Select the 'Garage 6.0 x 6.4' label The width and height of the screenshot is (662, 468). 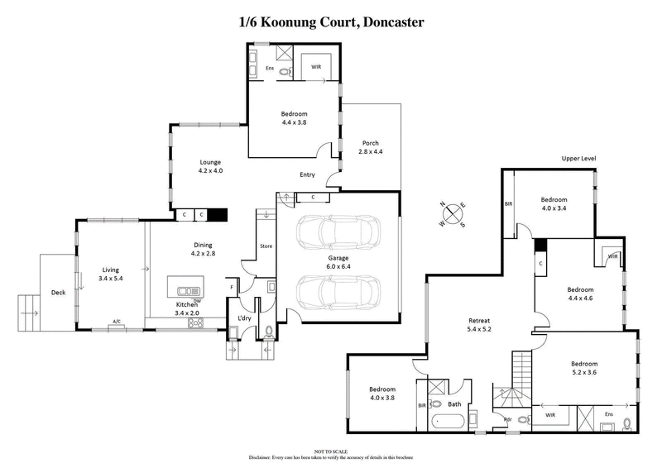click(338, 261)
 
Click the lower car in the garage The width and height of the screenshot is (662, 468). click(338, 291)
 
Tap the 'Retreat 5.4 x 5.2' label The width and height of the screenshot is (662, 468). click(479, 324)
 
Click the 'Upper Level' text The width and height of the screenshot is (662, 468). click(578, 158)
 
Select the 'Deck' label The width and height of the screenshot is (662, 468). click(58, 292)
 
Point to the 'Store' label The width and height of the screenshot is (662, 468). click(266, 246)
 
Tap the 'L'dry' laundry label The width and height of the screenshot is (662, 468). click(243, 318)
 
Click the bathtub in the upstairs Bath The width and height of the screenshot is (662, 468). click(449, 421)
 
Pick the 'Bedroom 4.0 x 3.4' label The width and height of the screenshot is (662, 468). click(554, 204)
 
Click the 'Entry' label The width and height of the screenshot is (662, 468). click(308, 175)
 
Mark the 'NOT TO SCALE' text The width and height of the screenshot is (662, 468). click(331, 451)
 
